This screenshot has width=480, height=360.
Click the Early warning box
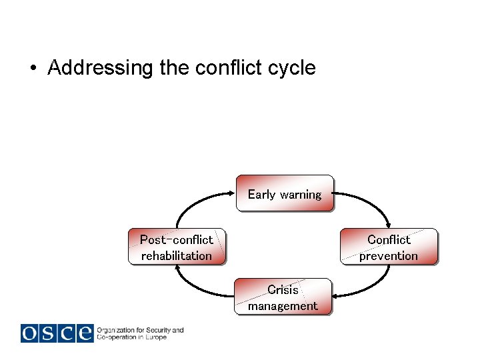click(285, 193)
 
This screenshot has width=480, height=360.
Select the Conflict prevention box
click(389, 247)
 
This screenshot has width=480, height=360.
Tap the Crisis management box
click(283, 297)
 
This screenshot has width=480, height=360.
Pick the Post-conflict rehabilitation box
click(177, 247)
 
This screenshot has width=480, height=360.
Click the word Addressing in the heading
click(101, 68)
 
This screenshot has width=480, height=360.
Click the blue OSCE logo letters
click(57, 333)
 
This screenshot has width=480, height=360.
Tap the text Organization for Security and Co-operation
click(140, 333)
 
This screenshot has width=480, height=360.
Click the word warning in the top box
click(301, 195)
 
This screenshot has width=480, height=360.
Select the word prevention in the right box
click(389, 255)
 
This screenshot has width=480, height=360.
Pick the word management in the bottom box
click(283, 306)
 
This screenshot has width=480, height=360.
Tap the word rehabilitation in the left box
click(177, 255)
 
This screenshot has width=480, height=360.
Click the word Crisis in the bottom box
click(283, 290)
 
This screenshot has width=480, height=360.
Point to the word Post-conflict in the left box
click(177, 239)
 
